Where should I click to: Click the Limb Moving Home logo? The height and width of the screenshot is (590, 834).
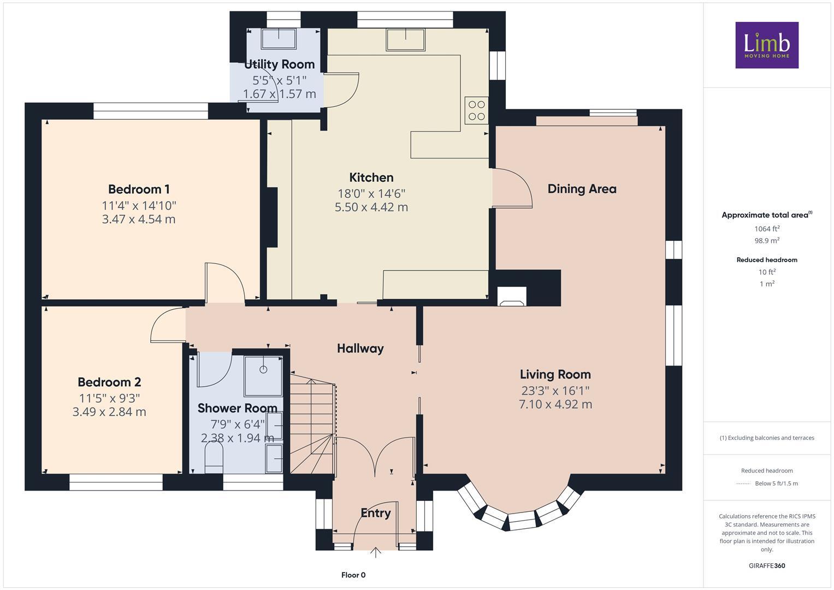click(x=767, y=45)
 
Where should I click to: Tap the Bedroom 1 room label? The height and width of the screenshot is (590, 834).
click(x=139, y=190)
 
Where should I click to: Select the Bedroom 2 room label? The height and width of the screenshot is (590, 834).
click(x=109, y=382)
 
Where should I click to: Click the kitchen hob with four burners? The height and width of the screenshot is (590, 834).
click(x=476, y=110)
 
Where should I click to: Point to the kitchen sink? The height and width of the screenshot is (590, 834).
click(x=405, y=40)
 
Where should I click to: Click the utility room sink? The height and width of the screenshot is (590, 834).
click(x=279, y=40)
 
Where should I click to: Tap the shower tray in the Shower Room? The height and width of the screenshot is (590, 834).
click(x=263, y=376)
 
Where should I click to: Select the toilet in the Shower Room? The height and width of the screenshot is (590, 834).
click(x=214, y=457)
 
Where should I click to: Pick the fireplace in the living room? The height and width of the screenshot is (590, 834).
click(x=512, y=296)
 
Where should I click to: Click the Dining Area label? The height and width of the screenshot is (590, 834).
click(x=582, y=189)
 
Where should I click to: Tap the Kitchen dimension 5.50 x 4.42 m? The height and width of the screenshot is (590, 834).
click(x=371, y=207)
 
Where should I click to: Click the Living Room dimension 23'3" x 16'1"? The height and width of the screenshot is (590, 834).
click(x=555, y=391)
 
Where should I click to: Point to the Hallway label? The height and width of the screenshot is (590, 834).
click(x=360, y=349)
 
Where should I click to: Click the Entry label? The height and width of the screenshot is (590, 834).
click(x=376, y=513)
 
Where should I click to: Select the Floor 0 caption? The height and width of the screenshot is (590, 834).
click(x=353, y=575)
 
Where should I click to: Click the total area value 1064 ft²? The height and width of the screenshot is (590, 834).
click(x=767, y=229)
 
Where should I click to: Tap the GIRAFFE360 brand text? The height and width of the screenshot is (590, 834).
click(x=767, y=565)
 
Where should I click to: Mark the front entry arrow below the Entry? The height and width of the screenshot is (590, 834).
click(x=376, y=552)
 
